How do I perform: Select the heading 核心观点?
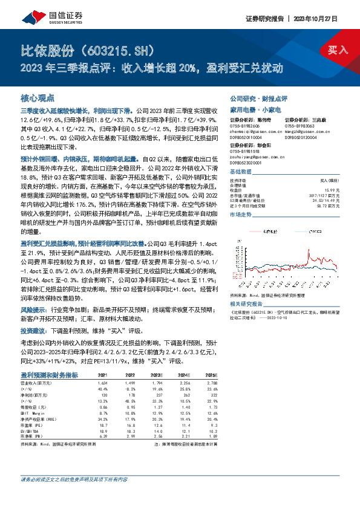point(38,97)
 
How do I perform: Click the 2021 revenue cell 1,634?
point(103,383)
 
